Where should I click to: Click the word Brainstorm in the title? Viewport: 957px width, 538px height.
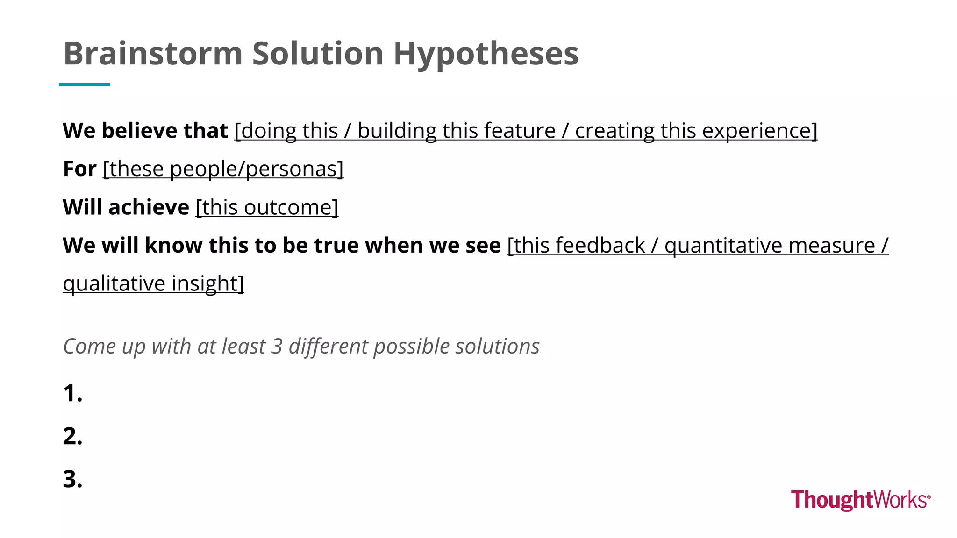click(153, 53)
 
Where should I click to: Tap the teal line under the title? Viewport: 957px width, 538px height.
click(84, 85)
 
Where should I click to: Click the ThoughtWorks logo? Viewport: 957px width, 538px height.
click(860, 500)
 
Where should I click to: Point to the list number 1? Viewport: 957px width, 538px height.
click(72, 393)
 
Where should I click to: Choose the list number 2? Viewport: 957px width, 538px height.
click(72, 436)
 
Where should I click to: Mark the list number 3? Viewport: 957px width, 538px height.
click(72, 479)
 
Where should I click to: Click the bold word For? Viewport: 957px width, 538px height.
click(79, 169)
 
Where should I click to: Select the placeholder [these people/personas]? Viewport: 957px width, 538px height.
click(223, 169)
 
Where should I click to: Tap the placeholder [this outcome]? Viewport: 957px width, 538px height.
click(267, 207)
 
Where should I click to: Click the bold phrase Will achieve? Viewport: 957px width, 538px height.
click(126, 207)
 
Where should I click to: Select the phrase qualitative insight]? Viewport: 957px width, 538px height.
click(153, 283)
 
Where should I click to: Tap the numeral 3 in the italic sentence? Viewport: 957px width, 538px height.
click(277, 346)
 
